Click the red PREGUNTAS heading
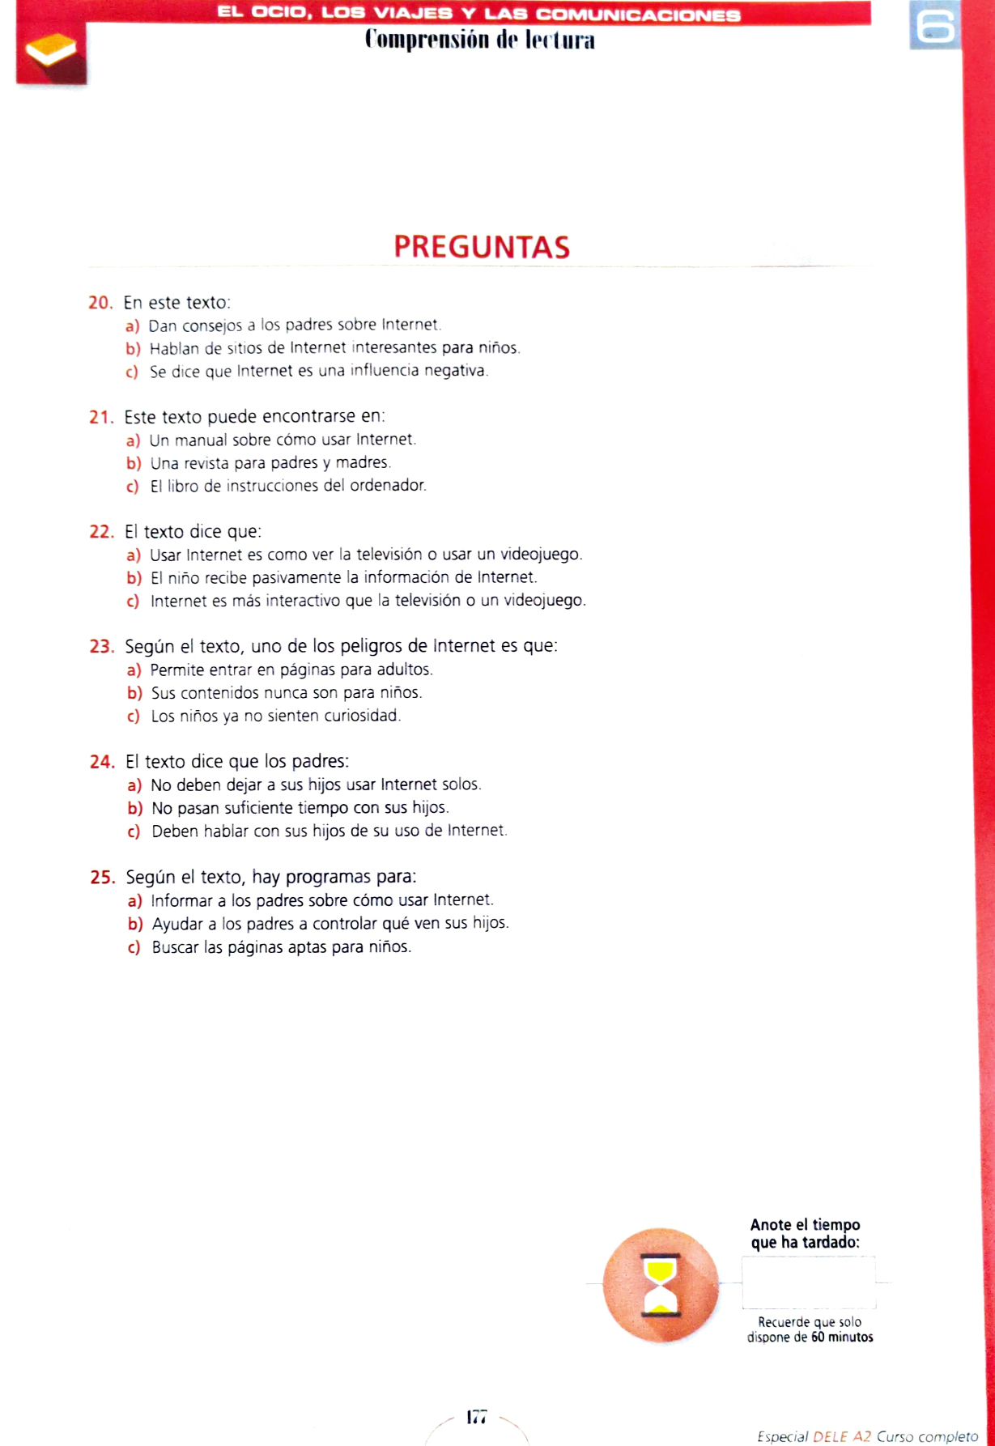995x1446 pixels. pos(482,247)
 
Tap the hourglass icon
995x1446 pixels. pos(661,1285)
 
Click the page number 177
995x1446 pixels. pos(477,1417)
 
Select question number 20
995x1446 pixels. pos(100,303)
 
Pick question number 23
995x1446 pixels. pos(101,647)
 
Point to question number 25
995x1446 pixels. pos(102,878)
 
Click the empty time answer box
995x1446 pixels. pos(808,1282)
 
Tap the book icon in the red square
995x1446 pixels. pos(50,50)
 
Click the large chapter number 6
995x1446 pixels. pos(934,26)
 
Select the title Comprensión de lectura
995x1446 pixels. pos(479,40)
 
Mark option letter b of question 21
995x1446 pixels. pos(133,463)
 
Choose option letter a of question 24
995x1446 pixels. pos(134,785)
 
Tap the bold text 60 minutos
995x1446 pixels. pos(842,1338)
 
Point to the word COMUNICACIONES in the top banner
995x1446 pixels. pos(638,15)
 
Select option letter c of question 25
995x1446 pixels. pos(134,947)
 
